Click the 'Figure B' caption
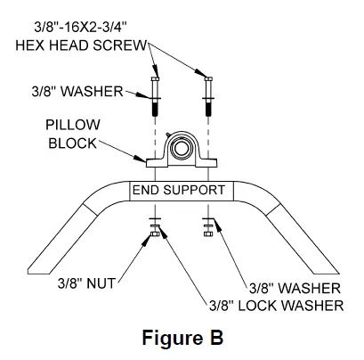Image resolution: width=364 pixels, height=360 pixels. point(182,339)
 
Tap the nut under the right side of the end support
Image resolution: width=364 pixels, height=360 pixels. point(207,233)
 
